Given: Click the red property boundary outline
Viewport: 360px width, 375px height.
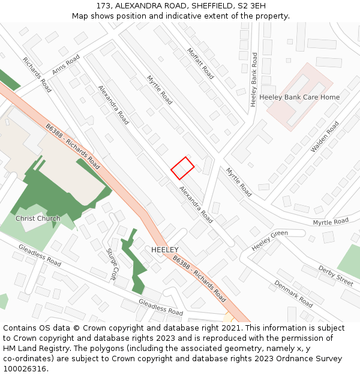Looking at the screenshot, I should click(182, 168).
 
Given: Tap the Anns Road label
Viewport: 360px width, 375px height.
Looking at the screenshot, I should click(65, 65).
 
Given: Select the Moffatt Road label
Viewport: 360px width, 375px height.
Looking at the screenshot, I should click(200, 64).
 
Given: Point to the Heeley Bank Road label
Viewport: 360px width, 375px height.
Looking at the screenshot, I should click(254, 80).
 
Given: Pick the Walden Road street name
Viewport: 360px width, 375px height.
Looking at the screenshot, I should click(325, 137).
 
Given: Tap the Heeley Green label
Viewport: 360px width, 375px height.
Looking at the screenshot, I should click(269, 241).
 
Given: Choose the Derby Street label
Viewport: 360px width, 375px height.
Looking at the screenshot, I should click(336, 276).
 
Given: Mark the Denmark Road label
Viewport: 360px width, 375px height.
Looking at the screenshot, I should click(293, 294).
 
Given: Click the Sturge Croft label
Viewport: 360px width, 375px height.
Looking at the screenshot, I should click(112, 265).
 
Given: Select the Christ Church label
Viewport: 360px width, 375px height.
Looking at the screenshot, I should click(38, 218).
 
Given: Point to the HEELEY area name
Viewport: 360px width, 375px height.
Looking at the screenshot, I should click(165, 249).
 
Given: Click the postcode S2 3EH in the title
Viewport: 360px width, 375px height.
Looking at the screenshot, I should click(253, 6).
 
